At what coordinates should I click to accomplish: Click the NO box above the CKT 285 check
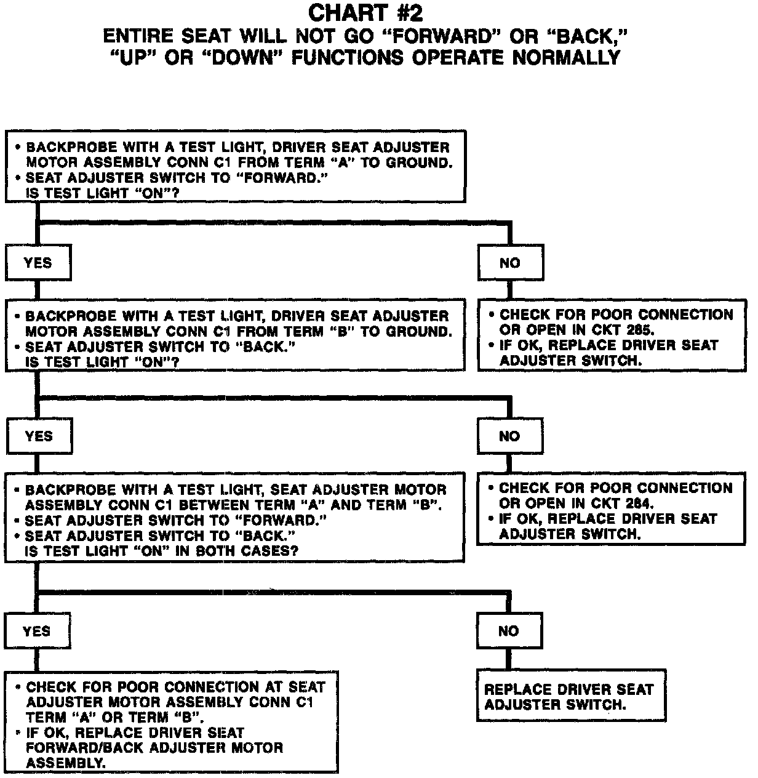[510, 263]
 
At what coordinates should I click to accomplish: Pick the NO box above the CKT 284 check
[509, 436]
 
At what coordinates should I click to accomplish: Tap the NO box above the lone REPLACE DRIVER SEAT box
[508, 631]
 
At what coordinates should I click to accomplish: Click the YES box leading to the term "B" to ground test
[38, 263]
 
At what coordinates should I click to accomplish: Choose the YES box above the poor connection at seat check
[36, 631]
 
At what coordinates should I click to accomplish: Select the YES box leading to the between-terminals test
[39, 436]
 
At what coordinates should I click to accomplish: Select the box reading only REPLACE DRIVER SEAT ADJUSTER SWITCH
[571, 696]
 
